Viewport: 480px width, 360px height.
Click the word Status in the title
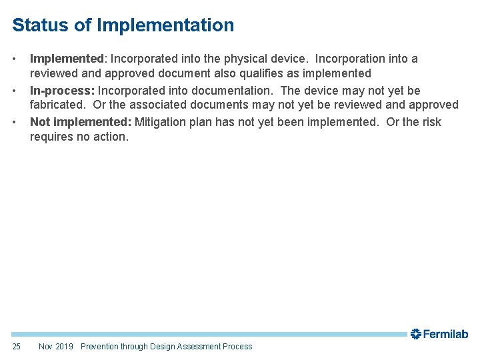pos(39,25)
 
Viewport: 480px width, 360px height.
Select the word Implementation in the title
pos(165,25)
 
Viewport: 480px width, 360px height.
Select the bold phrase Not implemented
pos(80,122)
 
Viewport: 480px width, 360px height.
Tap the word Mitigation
pos(162,122)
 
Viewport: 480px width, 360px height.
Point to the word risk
pos(431,122)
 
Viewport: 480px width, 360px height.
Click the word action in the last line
pos(111,137)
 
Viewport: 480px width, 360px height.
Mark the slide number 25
pos(17,346)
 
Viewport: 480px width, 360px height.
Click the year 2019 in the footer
pos(65,346)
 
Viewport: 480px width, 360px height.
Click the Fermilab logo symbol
pos(416,333)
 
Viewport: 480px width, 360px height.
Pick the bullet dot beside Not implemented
pos(15,122)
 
